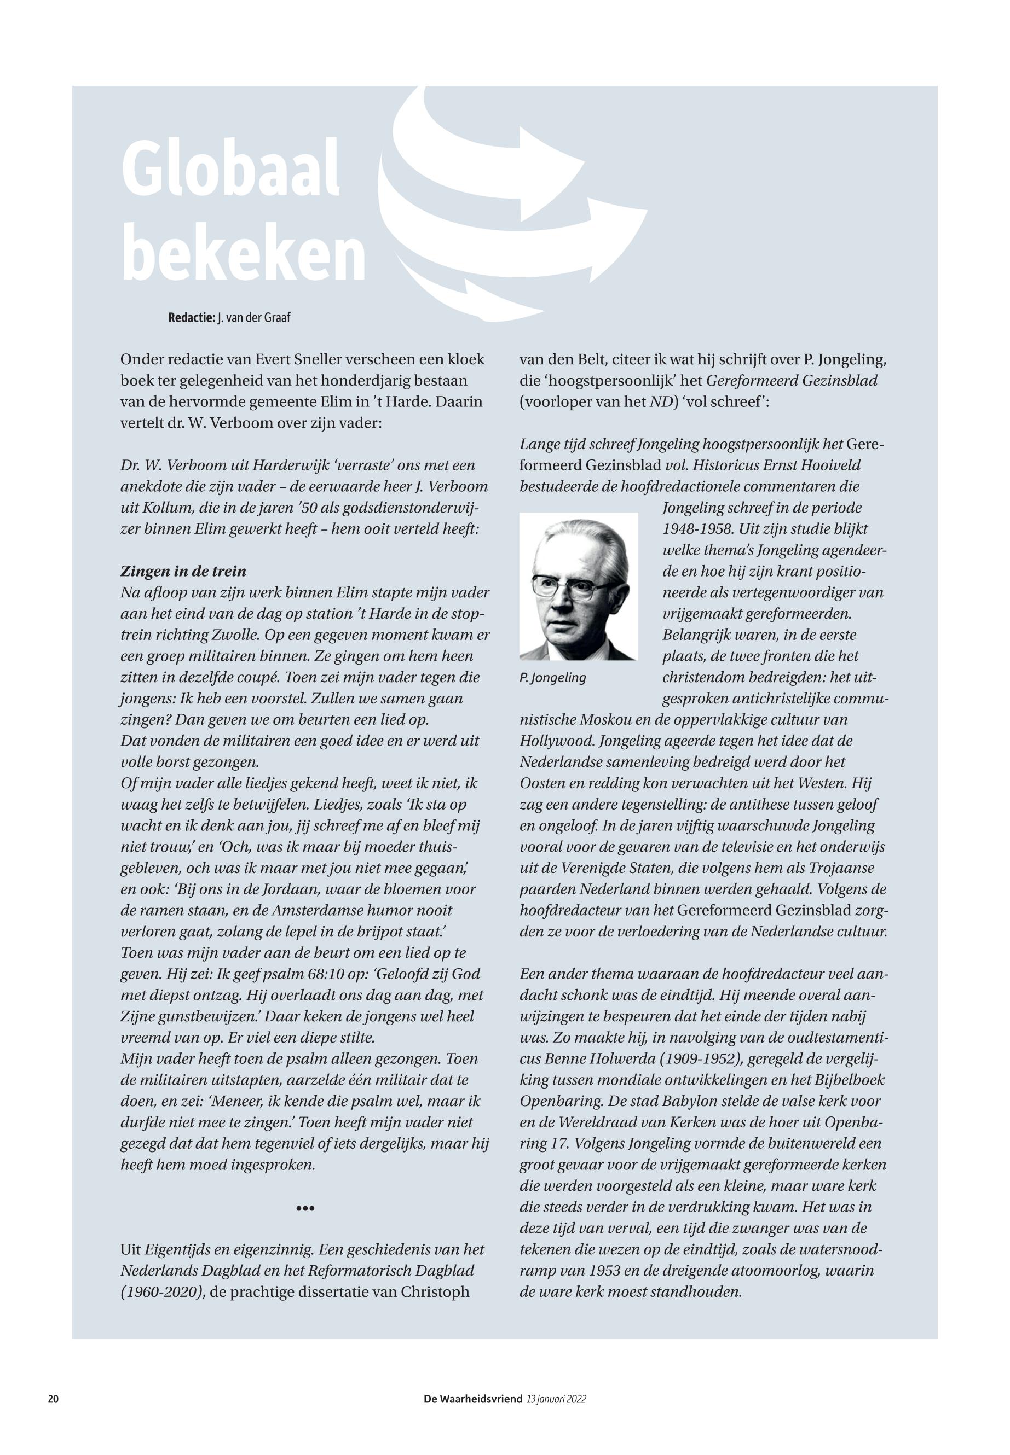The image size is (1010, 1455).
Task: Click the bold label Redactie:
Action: (191, 317)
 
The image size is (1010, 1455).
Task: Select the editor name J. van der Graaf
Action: (254, 317)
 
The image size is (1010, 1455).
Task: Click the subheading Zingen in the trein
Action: (183, 571)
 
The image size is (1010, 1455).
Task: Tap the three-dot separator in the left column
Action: (305, 1208)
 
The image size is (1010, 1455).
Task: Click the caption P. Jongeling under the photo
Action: (552, 678)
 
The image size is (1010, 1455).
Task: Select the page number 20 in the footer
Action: (53, 1399)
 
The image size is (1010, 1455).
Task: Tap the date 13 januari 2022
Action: (556, 1399)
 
